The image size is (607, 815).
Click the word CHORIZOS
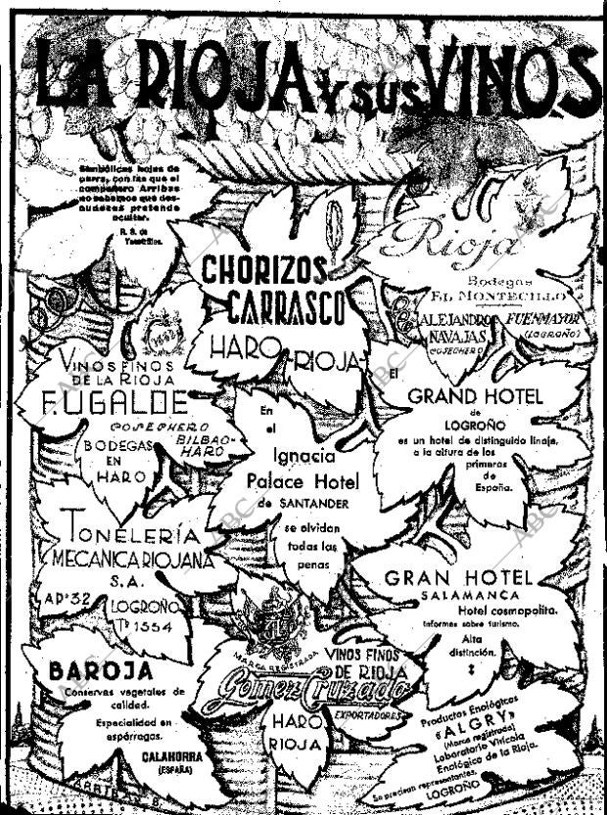(x=263, y=269)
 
